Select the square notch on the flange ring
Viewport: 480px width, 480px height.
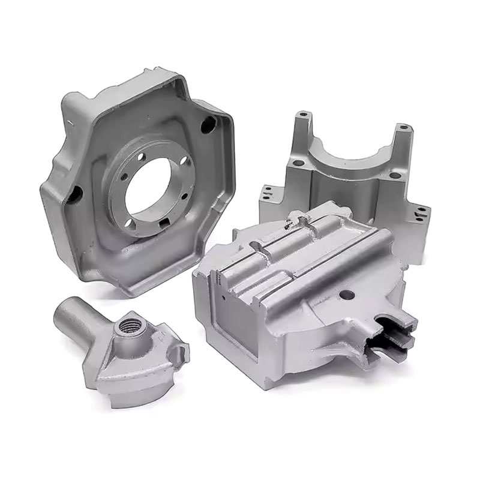pyautogui.click(x=164, y=224)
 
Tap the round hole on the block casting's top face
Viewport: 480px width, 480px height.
pyautogui.click(x=346, y=295)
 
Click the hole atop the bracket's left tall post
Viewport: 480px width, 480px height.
pyautogui.click(x=304, y=113)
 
